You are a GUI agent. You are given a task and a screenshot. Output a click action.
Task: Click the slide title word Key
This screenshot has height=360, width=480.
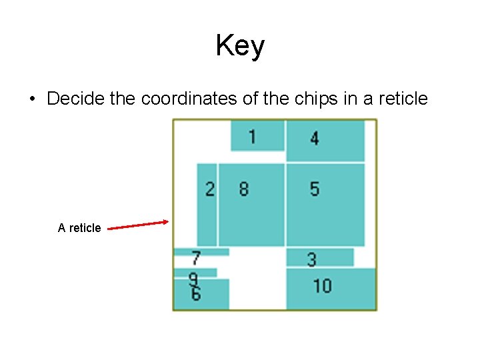coord(240,46)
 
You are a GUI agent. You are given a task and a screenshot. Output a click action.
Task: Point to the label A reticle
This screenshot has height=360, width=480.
coord(79,228)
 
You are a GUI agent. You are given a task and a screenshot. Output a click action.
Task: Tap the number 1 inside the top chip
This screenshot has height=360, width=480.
coord(252,137)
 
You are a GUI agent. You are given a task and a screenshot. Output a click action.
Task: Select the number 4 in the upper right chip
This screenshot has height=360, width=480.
coord(314,138)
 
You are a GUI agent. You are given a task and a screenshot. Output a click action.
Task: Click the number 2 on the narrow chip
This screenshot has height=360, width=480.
coord(209,189)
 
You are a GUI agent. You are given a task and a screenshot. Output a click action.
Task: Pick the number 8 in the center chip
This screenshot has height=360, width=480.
coord(243,189)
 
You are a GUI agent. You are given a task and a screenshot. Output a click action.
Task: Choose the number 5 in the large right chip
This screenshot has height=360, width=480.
coord(314,189)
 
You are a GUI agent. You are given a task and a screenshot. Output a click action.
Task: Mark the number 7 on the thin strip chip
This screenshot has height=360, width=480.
coord(196,257)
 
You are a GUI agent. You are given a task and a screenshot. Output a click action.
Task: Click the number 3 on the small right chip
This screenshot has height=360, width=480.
coord(311,259)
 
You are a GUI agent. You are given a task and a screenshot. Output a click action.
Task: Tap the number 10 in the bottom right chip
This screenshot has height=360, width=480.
coord(322,286)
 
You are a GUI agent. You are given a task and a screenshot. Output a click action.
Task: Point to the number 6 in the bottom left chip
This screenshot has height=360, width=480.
coord(195,294)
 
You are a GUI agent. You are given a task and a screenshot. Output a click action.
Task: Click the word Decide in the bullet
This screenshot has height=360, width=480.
coord(77,99)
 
